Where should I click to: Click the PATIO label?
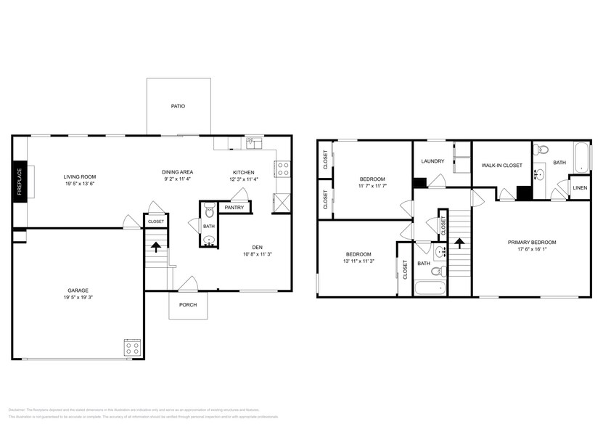tap(178, 106)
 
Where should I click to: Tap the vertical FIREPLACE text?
tap(20, 182)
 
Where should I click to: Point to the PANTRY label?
tap(234, 208)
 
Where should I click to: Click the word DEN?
tap(257, 245)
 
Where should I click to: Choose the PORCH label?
tap(188, 304)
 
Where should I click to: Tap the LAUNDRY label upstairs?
tap(432, 161)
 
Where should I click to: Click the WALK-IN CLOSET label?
tap(501, 166)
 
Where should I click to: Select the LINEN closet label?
tap(580, 188)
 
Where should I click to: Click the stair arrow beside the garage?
tap(155, 247)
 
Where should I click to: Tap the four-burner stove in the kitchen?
tap(283, 169)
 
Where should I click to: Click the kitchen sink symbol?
tap(253, 143)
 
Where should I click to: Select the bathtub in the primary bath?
tap(580, 156)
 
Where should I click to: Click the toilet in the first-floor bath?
tap(209, 212)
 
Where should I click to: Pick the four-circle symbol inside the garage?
tap(132, 348)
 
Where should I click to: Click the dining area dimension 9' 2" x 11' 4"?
tap(176, 179)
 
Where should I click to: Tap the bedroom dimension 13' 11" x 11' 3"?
tap(358, 262)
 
